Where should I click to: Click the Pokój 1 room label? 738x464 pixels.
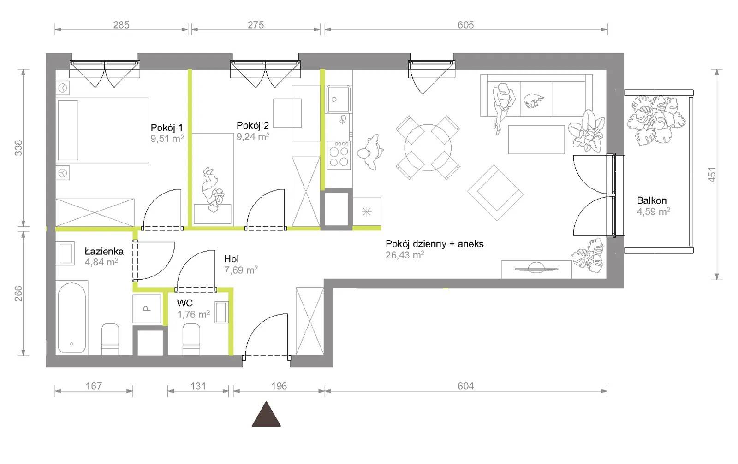point(167,127)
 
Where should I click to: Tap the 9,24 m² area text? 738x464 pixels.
point(253,136)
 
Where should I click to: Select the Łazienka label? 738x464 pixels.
point(104,251)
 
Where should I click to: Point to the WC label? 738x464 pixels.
point(184,303)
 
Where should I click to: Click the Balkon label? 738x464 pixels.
point(652,200)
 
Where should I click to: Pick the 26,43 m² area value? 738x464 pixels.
point(405,255)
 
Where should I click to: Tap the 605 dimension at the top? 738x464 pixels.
point(465,25)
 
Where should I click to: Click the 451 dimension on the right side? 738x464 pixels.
point(712,175)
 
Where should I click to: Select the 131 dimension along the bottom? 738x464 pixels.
point(198,386)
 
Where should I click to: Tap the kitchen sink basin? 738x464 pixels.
point(339,99)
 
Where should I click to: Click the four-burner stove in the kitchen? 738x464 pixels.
point(339,155)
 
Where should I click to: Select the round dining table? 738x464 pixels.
point(428,148)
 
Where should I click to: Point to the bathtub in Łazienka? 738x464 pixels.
point(72,318)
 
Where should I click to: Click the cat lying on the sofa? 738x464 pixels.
point(534,100)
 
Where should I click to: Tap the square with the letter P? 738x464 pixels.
point(147,309)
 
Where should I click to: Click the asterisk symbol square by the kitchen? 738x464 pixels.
point(367,211)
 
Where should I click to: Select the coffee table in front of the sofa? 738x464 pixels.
point(536,140)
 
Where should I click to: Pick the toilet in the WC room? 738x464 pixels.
point(191,339)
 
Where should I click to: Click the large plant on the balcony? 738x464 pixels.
point(655,120)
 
